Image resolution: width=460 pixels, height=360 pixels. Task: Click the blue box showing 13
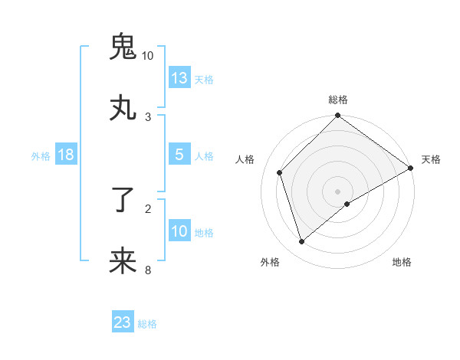click(179, 77)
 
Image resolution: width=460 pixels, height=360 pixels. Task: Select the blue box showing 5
click(179, 155)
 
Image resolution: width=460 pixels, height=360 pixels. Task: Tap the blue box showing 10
click(179, 231)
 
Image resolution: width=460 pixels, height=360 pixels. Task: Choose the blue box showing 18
click(66, 155)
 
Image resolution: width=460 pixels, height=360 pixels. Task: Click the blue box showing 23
click(123, 322)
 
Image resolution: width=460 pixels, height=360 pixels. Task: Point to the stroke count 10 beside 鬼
click(147, 56)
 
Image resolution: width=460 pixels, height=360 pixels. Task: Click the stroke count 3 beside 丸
click(148, 116)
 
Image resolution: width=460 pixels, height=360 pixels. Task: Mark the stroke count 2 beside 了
click(148, 208)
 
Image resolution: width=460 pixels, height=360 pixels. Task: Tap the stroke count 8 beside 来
click(148, 270)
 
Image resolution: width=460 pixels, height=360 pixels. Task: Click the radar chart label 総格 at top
click(338, 100)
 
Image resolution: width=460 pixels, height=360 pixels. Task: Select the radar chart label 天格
click(431, 159)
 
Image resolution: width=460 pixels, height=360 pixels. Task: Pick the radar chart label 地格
click(402, 262)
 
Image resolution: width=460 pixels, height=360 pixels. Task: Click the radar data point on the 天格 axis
click(411, 168)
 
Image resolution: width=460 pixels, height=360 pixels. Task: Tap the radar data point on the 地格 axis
click(347, 204)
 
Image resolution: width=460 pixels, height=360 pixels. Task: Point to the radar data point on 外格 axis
click(302, 241)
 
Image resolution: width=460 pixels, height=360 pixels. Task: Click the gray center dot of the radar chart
click(338, 191)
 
